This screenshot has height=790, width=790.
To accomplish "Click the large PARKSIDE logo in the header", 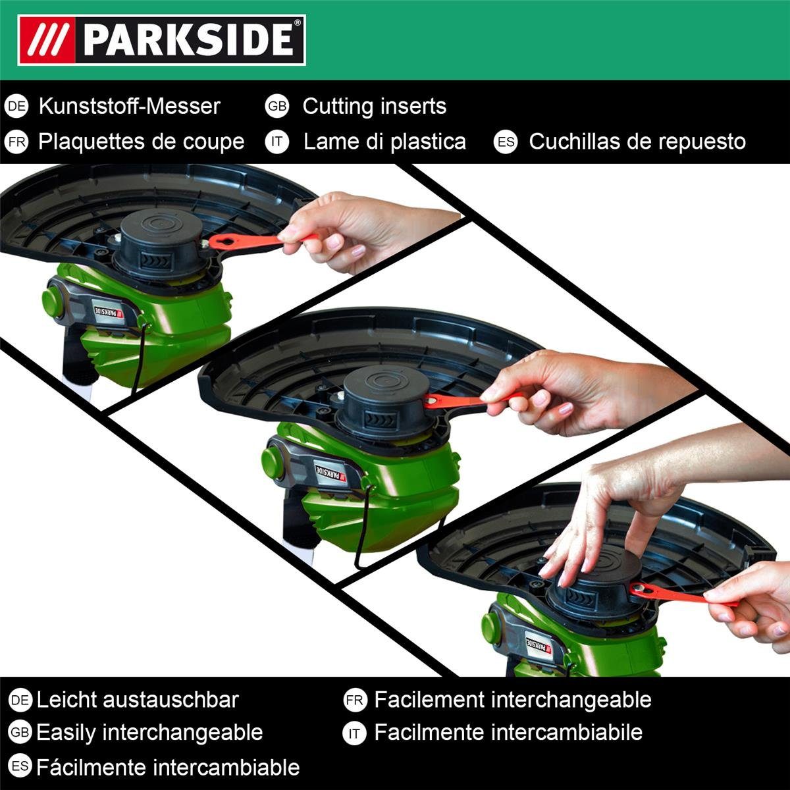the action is pos(161,40).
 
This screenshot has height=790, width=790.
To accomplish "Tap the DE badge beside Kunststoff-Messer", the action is pos(16,106).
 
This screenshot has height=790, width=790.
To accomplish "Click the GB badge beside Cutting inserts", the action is pos(277,106).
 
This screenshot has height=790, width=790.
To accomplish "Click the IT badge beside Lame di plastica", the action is pos(277,142).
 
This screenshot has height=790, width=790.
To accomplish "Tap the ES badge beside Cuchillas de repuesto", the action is pos(506,142).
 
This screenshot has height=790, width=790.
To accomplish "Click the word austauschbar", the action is pos(171,700).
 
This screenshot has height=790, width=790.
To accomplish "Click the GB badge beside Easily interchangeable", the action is pos(20,732).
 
